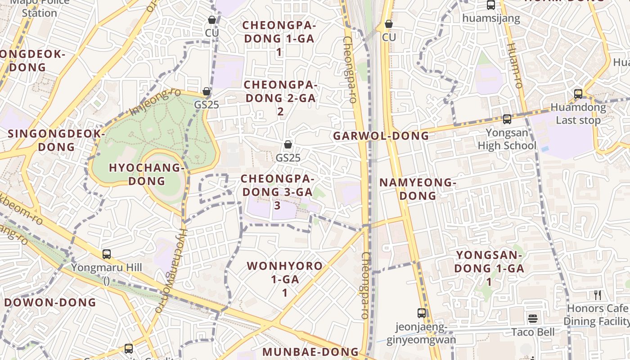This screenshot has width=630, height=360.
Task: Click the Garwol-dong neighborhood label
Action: (381, 136)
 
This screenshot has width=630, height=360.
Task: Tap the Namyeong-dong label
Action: (418, 189)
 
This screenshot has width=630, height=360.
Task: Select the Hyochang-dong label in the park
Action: (147, 174)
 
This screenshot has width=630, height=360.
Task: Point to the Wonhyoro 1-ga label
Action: (285, 279)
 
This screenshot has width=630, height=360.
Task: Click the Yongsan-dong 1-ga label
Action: (489, 268)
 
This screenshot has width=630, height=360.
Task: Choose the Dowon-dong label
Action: (50, 302)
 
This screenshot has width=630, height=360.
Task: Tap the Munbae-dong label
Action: (310, 352)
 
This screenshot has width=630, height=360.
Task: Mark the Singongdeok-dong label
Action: (56, 140)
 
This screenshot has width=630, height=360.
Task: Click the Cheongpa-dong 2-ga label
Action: (280, 98)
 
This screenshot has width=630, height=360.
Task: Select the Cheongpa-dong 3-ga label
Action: (277, 192)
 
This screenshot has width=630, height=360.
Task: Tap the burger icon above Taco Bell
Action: (533, 319)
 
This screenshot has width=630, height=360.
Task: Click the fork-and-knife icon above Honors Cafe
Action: (598, 295)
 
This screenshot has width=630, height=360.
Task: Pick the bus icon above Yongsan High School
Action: (507, 119)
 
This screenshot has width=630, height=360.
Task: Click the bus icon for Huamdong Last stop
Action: (578, 94)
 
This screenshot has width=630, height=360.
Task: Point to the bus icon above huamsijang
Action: (491, 5)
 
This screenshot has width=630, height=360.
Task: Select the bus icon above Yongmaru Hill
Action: (107, 254)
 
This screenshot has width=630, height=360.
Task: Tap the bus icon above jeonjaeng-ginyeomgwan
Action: (422, 313)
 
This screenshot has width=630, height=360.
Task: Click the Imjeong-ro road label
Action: (155, 102)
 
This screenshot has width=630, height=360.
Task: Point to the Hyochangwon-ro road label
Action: (171, 270)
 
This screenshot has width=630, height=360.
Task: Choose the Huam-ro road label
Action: (514, 65)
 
